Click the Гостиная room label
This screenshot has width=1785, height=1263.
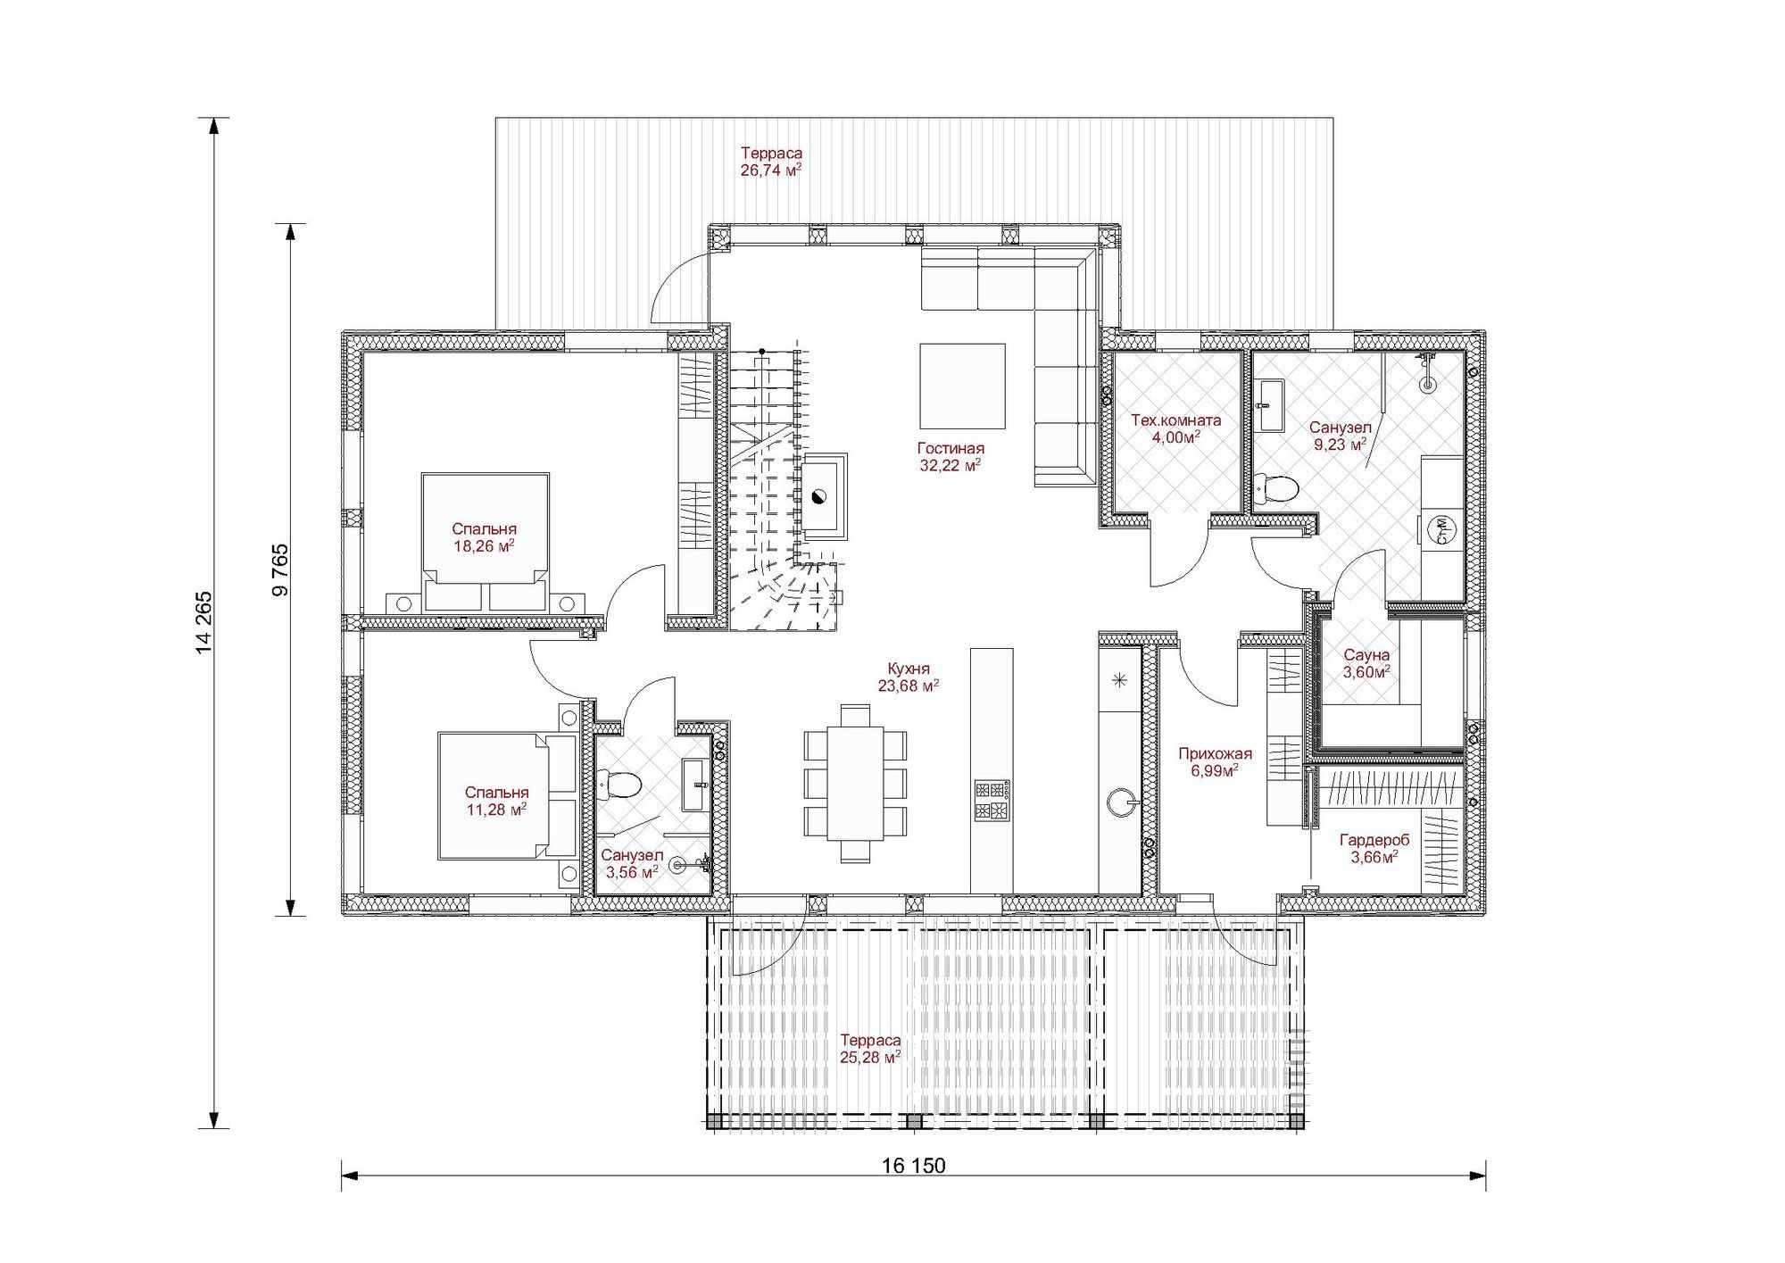[951, 448]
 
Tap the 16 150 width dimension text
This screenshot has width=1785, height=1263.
[913, 1166]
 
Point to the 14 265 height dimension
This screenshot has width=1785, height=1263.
[204, 623]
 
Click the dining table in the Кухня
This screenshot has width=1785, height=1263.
[855, 783]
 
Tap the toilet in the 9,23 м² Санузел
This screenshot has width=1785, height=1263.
[1275, 488]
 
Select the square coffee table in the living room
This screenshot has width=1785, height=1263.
[963, 386]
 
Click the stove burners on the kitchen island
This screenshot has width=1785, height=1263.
[992, 800]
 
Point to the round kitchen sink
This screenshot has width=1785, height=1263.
[1120, 802]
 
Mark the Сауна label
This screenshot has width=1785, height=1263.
[1366, 656]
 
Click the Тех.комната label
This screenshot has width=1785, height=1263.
[1176, 420]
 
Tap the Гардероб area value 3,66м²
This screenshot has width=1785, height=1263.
[1374, 857]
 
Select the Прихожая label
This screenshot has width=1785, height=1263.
[1215, 753]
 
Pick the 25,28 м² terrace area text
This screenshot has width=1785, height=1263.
[870, 1058]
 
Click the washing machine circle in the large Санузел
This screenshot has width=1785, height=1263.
[1439, 531]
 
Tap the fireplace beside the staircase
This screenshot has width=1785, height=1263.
[824, 496]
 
